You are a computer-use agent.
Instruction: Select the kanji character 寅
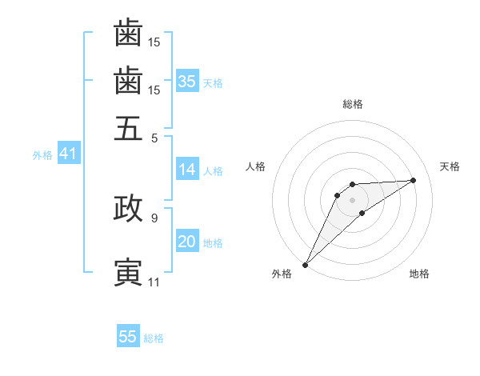click(128, 272)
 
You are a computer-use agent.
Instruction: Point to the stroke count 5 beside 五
click(154, 138)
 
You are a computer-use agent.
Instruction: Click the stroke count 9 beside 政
click(154, 216)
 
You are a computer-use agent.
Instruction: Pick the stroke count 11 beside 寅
click(154, 282)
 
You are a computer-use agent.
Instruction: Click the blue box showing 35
click(187, 82)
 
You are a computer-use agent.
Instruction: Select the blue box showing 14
click(187, 170)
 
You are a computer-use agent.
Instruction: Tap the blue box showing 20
click(187, 242)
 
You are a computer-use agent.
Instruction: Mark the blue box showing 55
click(128, 337)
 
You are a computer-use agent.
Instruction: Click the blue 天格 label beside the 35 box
click(213, 83)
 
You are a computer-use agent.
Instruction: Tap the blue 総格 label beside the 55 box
click(154, 338)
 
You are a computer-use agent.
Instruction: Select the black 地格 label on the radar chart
click(419, 274)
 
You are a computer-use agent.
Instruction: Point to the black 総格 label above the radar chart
click(353, 104)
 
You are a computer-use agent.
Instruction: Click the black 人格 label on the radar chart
click(256, 166)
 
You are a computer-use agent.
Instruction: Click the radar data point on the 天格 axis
click(414, 180)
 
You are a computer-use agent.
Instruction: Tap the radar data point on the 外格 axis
click(305, 265)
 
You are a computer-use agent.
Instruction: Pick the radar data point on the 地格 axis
click(362, 213)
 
